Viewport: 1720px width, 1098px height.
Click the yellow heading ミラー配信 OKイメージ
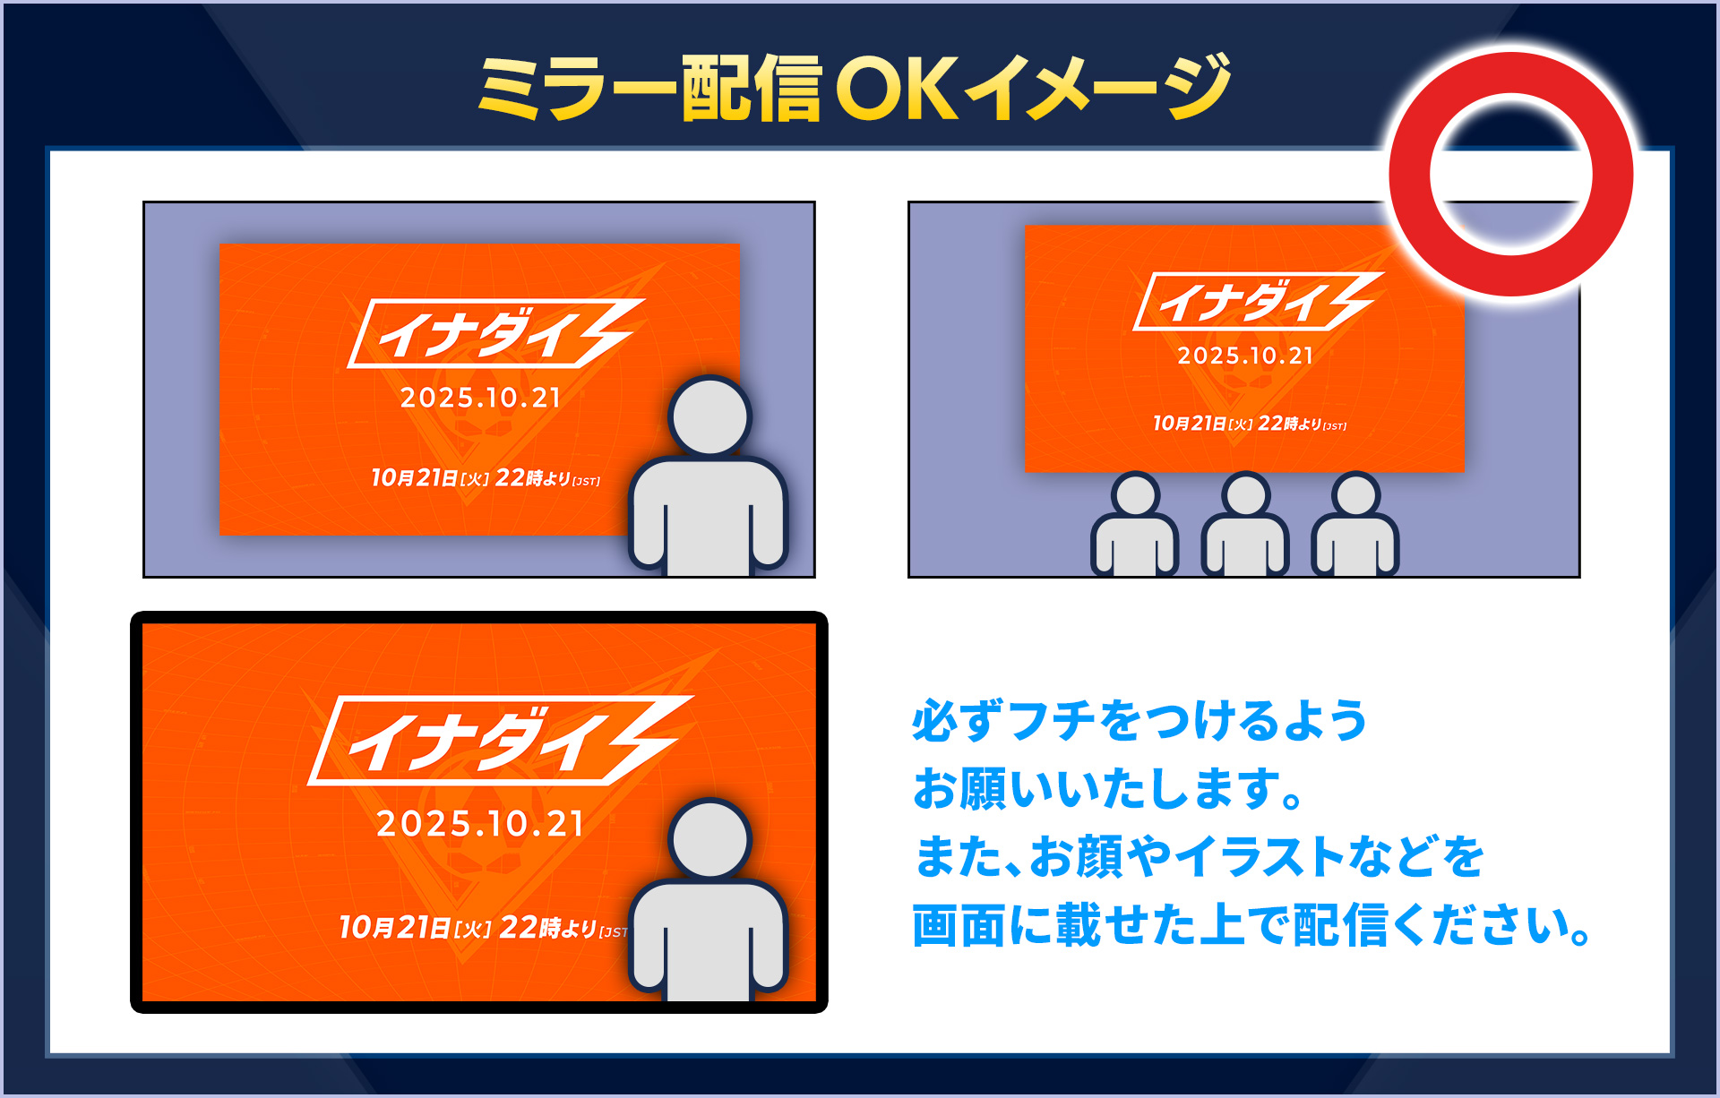855,88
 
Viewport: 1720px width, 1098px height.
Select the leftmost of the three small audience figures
1135,525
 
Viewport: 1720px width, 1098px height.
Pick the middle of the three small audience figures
1245,525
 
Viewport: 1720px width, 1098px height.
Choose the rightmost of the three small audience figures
1355,525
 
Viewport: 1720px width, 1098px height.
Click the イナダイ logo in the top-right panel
1259,302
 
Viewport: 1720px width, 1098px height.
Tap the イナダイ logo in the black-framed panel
501,741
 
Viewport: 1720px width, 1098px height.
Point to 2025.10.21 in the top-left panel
481,398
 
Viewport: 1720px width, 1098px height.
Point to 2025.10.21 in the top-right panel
1246,356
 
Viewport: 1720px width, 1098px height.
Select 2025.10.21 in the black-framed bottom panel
480,823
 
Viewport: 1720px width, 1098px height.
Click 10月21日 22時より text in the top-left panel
486,477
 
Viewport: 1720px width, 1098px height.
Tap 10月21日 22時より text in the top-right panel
1250,423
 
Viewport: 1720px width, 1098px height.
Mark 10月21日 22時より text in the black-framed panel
484,927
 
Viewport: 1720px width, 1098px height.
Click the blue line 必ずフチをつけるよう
1139,721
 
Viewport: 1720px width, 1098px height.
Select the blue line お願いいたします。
1108,789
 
